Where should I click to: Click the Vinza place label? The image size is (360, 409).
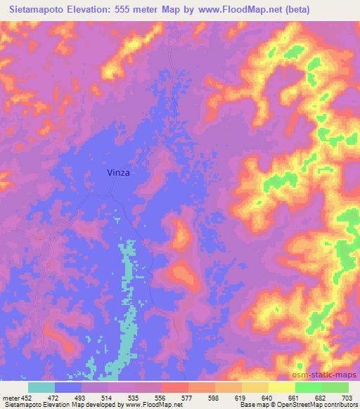[x=118, y=171]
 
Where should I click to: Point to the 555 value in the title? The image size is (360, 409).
[x=130, y=10]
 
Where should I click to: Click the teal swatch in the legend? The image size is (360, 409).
[x=41, y=387]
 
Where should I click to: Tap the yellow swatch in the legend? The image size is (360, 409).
[x=281, y=387]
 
